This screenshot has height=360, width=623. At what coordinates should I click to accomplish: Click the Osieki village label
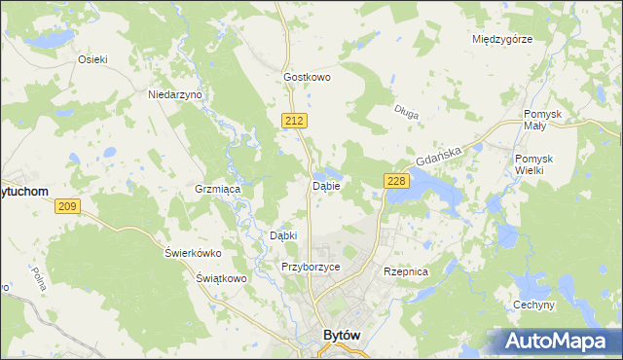click(x=93, y=58)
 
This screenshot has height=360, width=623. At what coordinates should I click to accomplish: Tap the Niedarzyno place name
click(x=174, y=94)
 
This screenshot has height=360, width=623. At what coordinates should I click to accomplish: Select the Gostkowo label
click(x=308, y=76)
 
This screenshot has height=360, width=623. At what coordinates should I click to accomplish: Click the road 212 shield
click(x=297, y=120)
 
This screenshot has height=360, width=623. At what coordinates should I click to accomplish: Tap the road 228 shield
click(x=395, y=181)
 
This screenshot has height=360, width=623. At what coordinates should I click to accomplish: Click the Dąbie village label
click(x=325, y=186)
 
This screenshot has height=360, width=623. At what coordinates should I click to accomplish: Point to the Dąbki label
click(x=282, y=235)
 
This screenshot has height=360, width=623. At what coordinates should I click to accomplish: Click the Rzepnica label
click(x=406, y=271)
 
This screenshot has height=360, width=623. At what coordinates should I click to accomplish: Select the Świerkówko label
click(x=193, y=253)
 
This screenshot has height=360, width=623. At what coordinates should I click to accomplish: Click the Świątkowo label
click(x=219, y=278)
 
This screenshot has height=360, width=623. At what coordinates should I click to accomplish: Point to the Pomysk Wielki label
click(x=534, y=164)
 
